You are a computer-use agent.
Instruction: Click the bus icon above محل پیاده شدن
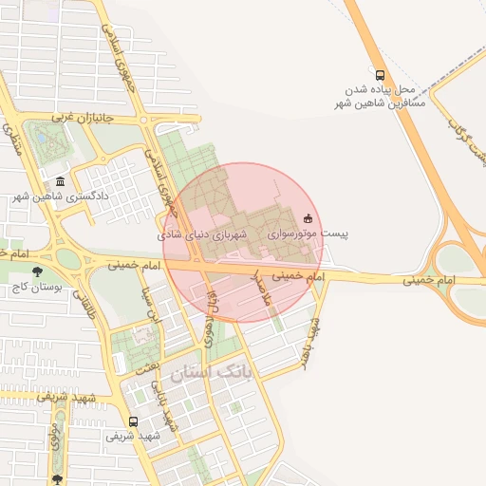pos(381,75)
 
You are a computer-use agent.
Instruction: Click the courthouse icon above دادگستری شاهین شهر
pos(61,181)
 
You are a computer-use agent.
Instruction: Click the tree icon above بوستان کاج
pos(38,271)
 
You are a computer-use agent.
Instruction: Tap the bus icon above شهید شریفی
pos(132,421)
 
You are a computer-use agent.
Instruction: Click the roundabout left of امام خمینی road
pos(67,257)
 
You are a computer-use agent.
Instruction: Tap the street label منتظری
pos(15,142)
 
